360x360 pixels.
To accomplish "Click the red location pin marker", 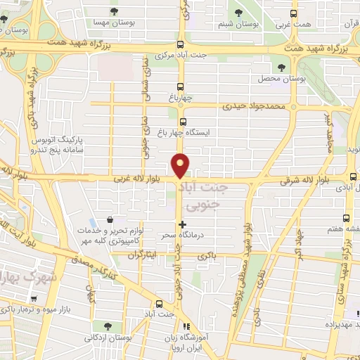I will click(181, 165).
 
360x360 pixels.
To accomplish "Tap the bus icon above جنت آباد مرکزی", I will click(181, 43).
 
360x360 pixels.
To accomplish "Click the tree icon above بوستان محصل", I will click(281, 67).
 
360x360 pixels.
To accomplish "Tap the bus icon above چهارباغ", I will click(181, 89).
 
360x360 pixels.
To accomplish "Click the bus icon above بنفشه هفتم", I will click(346, 218).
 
